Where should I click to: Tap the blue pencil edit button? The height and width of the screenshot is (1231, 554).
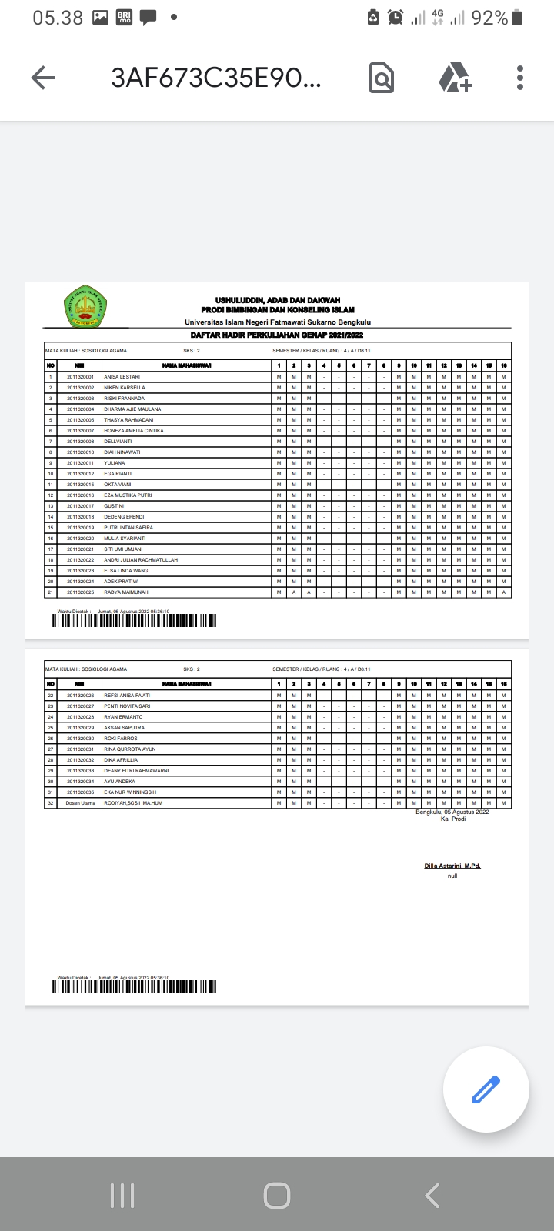(486, 1089)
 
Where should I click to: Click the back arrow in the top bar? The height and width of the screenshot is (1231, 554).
(43, 78)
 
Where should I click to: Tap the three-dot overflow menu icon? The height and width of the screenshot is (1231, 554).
(520, 78)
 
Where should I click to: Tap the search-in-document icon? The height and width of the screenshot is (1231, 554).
(381, 78)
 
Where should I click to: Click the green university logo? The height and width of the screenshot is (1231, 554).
(85, 306)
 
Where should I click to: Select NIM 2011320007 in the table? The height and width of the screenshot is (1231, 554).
(80, 431)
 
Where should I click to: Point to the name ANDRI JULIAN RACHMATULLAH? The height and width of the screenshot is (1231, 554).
(140, 560)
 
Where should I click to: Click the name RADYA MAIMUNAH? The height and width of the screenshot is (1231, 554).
(125, 592)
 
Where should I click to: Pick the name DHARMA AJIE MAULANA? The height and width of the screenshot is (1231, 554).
(132, 409)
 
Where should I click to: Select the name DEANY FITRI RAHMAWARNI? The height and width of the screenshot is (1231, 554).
(135, 770)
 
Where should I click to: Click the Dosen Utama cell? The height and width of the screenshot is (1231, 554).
(80, 802)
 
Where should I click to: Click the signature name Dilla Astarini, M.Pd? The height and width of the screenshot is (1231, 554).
(452, 866)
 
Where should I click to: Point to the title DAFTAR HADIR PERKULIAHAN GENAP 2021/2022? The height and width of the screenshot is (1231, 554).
(277, 335)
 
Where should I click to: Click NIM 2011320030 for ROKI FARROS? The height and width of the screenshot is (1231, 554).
(80, 738)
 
